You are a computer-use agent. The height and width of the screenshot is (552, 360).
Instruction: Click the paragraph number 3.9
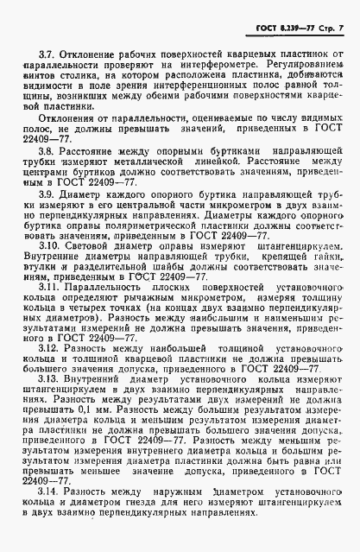coord(35,219)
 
